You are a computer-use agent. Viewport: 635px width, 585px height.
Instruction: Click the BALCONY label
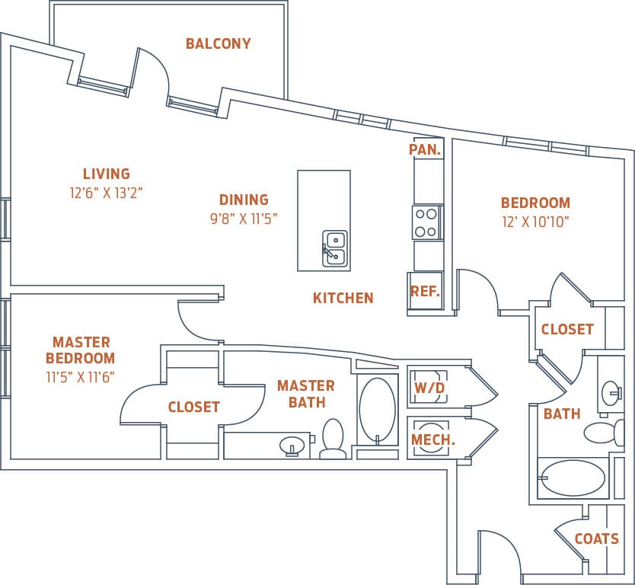[x=218, y=43]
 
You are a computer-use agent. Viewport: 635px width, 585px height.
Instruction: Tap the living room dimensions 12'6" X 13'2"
[x=106, y=193]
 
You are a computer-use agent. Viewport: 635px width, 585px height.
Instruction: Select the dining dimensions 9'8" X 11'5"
[x=244, y=219]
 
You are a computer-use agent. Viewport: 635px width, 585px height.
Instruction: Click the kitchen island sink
[x=334, y=248]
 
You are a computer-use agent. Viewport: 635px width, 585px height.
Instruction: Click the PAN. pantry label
[x=425, y=149]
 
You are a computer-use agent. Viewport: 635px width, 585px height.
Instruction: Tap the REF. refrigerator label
[x=424, y=291]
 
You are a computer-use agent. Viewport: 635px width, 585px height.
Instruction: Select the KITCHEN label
[x=343, y=298]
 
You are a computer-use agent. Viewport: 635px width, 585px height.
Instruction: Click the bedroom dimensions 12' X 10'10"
[x=534, y=222]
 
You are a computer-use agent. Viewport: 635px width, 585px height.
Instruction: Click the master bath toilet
[x=333, y=440]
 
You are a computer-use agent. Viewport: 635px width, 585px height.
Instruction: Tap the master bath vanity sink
[x=291, y=445]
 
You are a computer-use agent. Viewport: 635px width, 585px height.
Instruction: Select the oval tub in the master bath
[x=377, y=411]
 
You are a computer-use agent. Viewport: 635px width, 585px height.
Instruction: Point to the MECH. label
[x=432, y=440]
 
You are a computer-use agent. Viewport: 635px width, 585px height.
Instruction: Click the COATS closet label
[x=596, y=539]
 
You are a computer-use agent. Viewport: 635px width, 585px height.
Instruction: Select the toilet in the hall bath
[x=601, y=433]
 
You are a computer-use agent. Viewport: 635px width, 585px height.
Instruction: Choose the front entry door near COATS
[x=499, y=552]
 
